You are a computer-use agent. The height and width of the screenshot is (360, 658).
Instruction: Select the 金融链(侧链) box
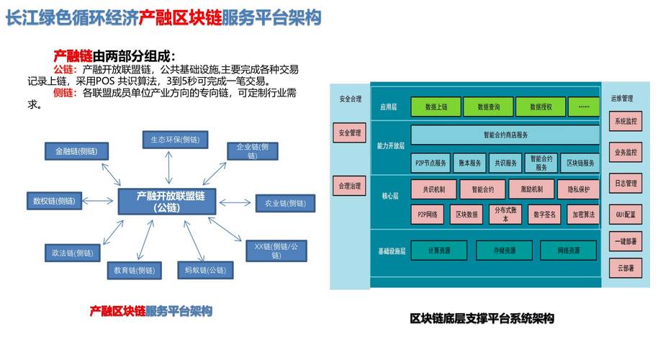(76, 152)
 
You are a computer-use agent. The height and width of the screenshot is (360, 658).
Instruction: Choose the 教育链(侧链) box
(130, 270)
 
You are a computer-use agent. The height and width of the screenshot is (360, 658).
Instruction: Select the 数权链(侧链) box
(54, 200)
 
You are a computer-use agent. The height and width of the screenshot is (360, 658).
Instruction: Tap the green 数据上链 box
(436, 107)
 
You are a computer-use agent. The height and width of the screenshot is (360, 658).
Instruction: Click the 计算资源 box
(438, 251)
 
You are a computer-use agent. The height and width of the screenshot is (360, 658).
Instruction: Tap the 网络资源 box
(569, 251)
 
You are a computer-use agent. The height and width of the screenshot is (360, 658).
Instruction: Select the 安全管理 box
(349, 132)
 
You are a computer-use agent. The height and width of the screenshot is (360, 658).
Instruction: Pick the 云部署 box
(625, 268)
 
